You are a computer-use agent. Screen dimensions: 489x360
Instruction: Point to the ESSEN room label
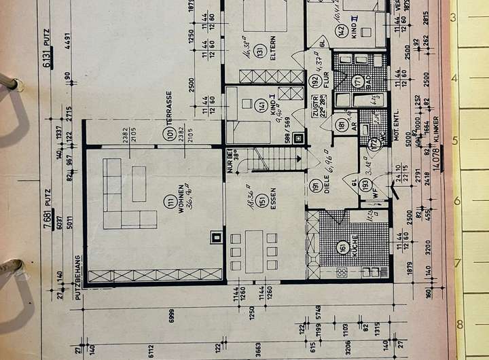pyautogui.click(x=272, y=201)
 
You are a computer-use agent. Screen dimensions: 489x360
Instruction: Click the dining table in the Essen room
pyautogui.click(x=254, y=251)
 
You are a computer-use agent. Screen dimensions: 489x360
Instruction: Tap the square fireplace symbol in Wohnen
pyautogui.click(x=216, y=238)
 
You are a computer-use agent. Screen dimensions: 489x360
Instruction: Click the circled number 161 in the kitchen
pyautogui.click(x=342, y=245)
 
